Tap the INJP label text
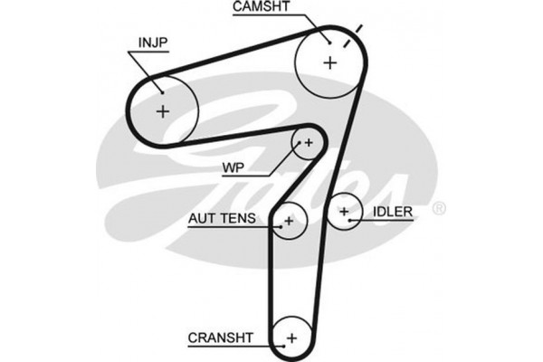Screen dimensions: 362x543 click(x=153, y=43)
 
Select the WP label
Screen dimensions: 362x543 click(x=234, y=167)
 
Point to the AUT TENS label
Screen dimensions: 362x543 click(x=223, y=218)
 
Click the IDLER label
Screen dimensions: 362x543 click(x=393, y=212)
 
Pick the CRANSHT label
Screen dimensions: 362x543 click(x=222, y=338)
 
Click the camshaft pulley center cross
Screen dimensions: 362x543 click(x=329, y=62)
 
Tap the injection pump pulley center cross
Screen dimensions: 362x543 click(x=163, y=111)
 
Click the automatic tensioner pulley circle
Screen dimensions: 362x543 click(x=291, y=220)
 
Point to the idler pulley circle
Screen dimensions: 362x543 click(x=345, y=212)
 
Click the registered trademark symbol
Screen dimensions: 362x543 click(x=440, y=208)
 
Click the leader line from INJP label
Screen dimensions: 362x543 click(x=147, y=71)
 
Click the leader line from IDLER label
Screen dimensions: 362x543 click(x=361, y=213)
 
